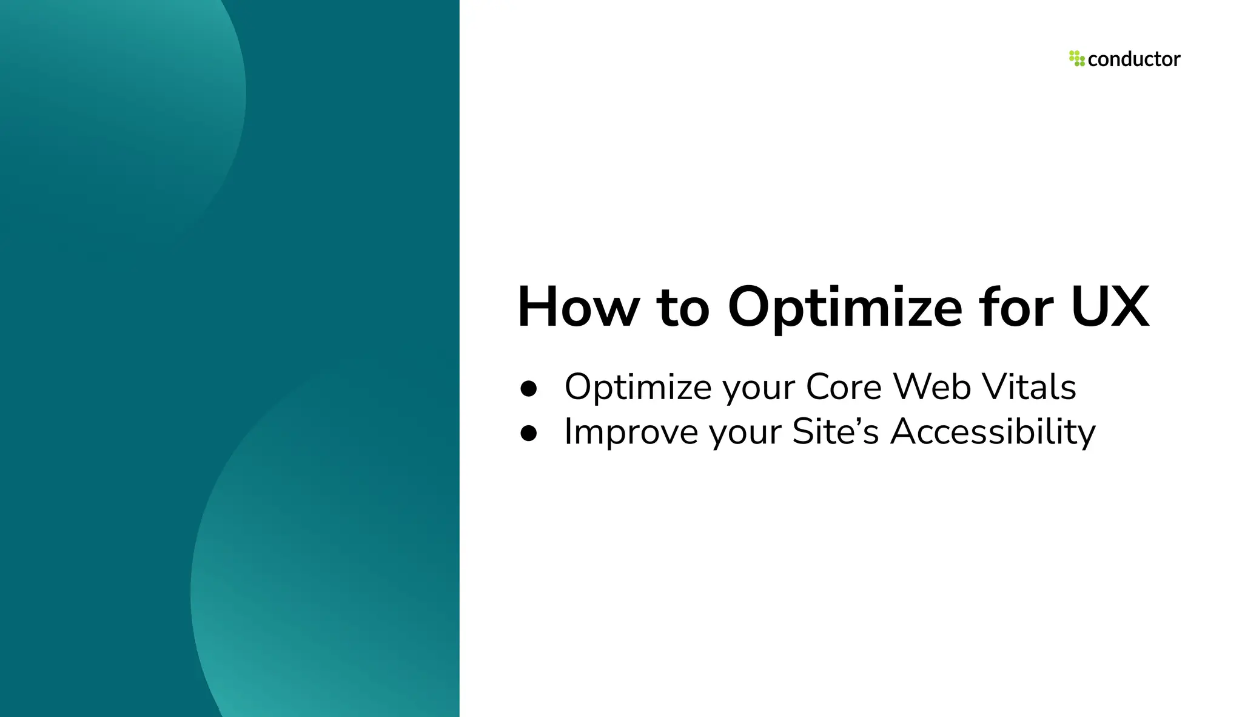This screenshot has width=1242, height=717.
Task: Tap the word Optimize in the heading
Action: pos(844,308)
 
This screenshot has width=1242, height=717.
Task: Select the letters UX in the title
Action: pos(1109,308)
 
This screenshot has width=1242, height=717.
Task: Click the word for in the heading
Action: pos(1015,308)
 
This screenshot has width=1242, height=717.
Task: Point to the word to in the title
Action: pos(683,308)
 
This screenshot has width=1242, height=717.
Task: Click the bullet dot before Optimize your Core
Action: pos(529,389)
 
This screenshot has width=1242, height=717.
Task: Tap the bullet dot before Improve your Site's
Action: pos(529,433)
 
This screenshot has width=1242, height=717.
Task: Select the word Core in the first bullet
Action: pos(844,386)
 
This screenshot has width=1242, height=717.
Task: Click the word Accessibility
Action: pos(993,431)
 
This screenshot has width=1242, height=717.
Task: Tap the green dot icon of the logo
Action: pos(1076,59)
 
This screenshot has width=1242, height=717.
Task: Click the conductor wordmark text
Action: pos(1134,59)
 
